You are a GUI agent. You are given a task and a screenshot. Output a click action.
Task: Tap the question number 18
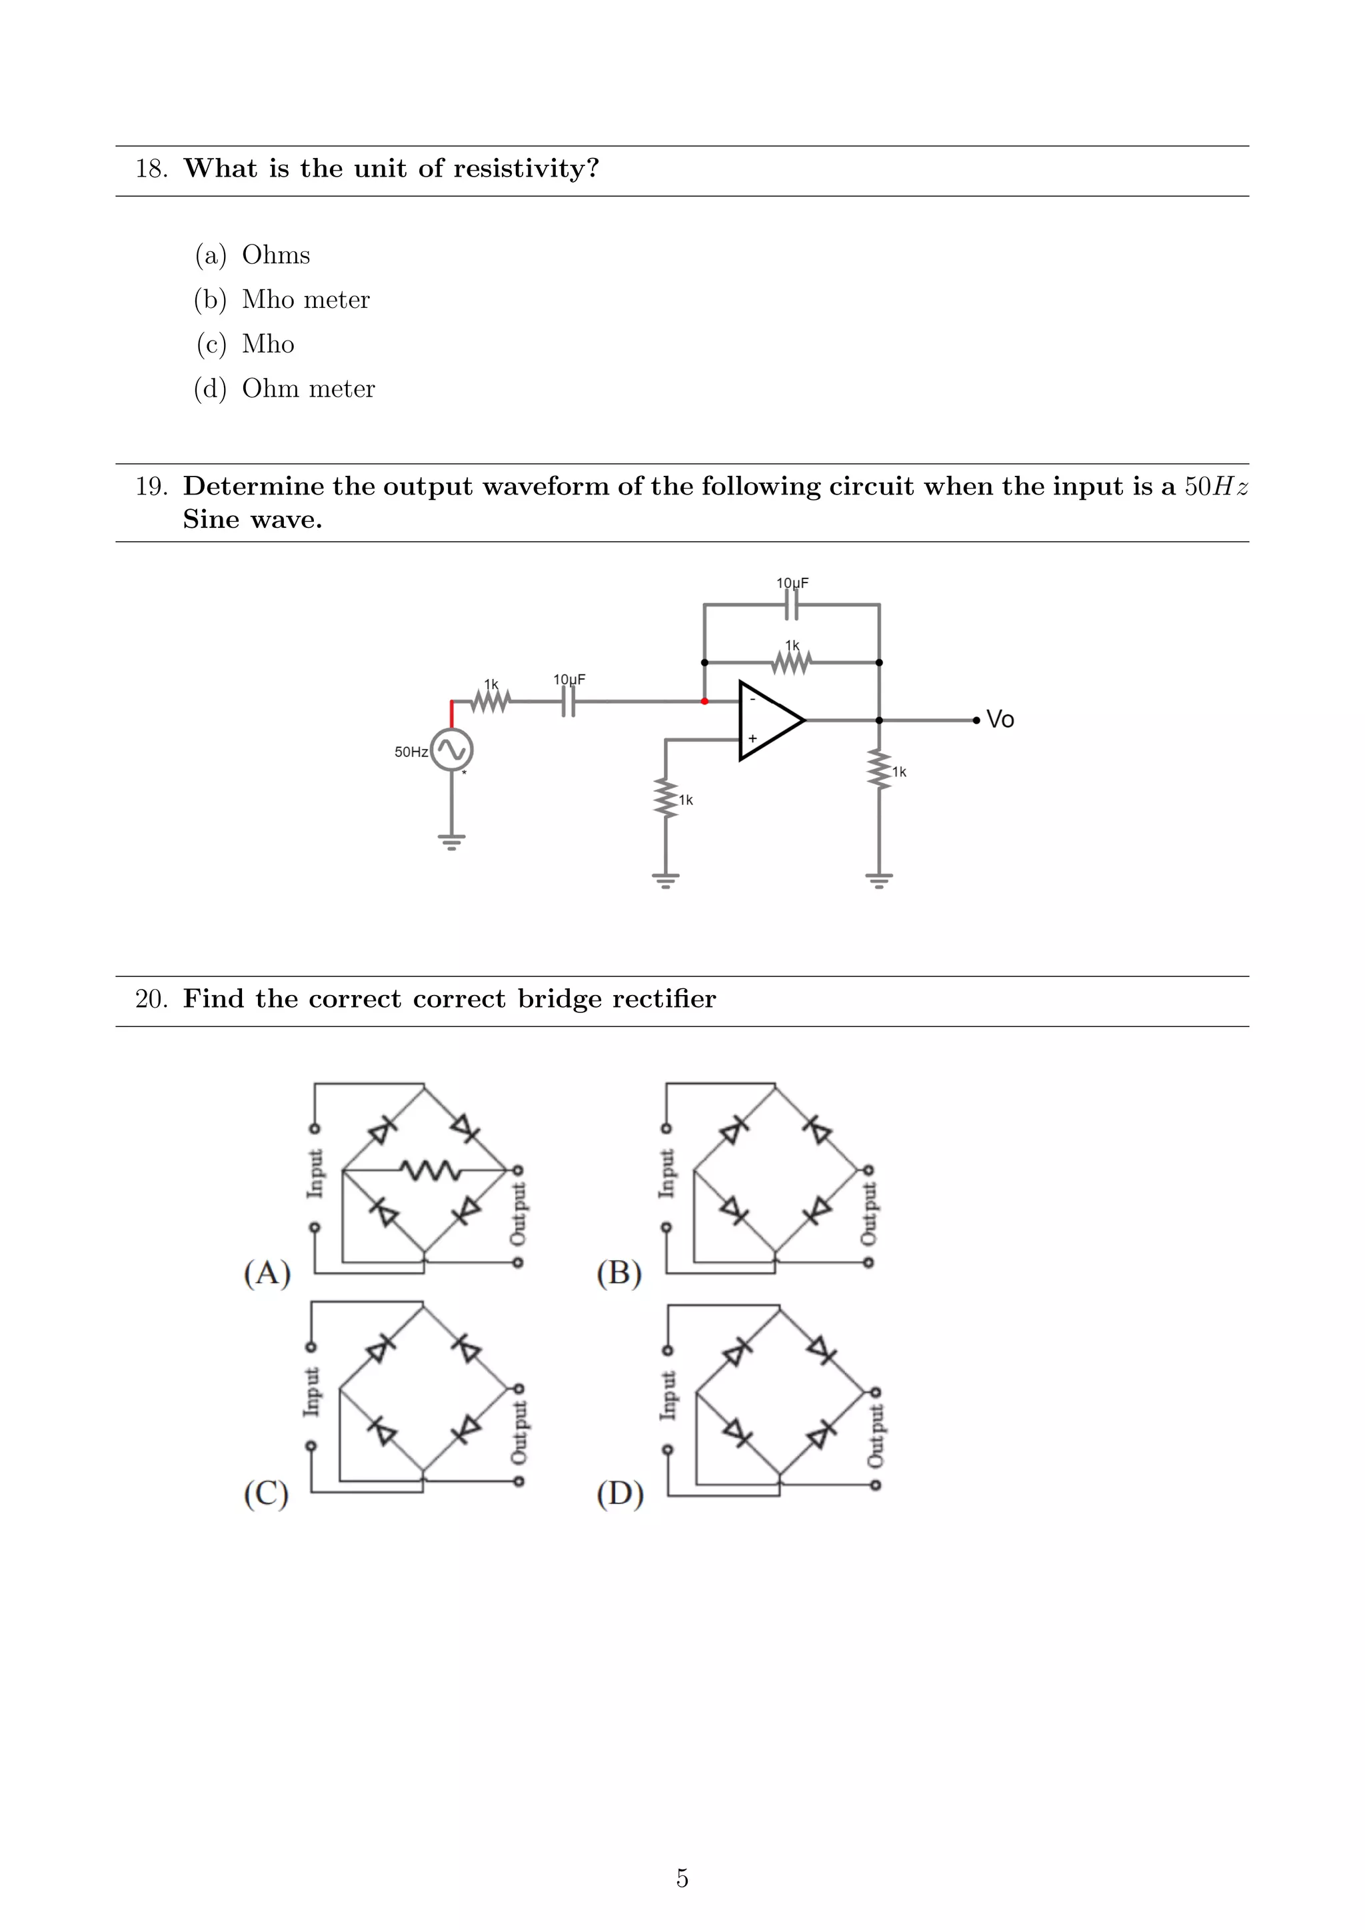click(151, 169)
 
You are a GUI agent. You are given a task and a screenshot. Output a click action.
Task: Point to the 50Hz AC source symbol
click(452, 749)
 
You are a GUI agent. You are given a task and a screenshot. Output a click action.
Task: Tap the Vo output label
click(1000, 720)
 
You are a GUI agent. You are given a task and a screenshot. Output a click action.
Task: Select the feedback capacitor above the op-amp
click(792, 604)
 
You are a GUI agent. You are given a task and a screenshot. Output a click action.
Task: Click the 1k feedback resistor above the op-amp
click(792, 663)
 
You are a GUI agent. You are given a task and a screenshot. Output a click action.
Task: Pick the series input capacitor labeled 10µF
click(569, 701)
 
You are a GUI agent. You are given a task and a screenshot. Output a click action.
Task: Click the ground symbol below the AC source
click(452, 842)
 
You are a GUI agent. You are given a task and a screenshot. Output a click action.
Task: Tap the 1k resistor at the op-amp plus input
click(666, 798)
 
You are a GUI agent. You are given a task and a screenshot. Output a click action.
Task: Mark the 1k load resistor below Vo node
click(879, 770)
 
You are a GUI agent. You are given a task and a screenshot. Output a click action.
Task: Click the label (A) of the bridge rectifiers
click(267, 1274)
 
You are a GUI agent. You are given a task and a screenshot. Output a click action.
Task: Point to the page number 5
click(682, 1877)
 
